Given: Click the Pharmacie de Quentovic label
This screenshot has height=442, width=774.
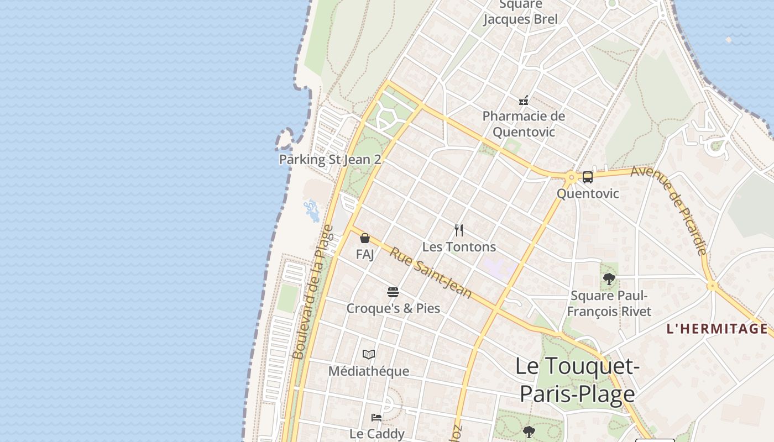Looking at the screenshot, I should tap(524, 124).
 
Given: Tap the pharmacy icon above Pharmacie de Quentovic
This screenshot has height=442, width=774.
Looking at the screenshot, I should tap(524, 101).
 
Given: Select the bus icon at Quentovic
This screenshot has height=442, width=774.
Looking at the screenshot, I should tap(587, 177).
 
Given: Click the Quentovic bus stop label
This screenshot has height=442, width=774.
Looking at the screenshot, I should tap(588, 194).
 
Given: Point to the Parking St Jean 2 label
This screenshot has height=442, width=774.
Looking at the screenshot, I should tap(330, 160).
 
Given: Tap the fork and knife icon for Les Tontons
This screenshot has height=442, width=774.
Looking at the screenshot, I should tap(459, 230).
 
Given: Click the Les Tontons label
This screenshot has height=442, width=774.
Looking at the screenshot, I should tap(459, 246).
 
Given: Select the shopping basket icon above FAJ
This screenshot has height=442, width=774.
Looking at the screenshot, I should tap(365, 238).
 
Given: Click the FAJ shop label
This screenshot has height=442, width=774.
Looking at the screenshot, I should tap(365, 255).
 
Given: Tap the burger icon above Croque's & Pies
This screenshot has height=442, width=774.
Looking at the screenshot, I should tap(393, 292).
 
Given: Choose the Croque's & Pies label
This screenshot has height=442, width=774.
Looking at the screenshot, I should tap(393, 308).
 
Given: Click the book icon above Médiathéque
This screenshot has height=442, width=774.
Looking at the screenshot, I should tap(369, 354).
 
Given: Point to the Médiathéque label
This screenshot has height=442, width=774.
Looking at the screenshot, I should tap(369, 371).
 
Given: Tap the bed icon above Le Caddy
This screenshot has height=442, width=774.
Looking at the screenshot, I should tap(376, 418).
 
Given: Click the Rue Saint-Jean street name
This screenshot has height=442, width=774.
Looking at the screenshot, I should tap(431, 273).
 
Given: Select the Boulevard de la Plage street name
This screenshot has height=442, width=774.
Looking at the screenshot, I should tap(313, 292).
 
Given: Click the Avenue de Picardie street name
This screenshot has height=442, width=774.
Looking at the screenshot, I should tap(670, 210).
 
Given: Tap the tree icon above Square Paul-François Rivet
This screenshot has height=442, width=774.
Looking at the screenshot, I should tap(609, 279).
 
